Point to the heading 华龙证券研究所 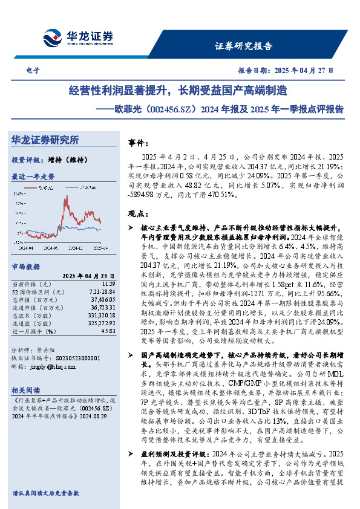pyautogui.click(x=45, y=140)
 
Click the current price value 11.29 pyautogui.click(x=108, y=283)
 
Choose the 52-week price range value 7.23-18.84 pyautogui.click(x=101, y=291)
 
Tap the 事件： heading pyautogui.click(x=140, y=143)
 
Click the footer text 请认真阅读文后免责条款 pyautogui.click(x=45, y=493)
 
